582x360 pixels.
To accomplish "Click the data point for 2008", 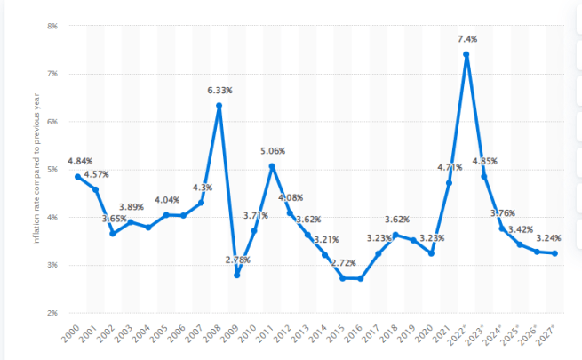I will click(x=219, y=106).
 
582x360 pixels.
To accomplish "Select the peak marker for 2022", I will click(x=466, y=54).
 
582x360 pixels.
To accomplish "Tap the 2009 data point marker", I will click(x=237, y=276).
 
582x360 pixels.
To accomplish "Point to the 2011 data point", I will click(x=272, y=166).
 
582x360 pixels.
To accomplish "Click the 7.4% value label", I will click(x=466, y=39).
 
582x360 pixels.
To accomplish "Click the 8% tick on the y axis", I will click(x=52, y=26).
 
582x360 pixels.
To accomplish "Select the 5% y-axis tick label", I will click(x=52, y=169).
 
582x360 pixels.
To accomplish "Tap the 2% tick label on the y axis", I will click(x=52, y=313).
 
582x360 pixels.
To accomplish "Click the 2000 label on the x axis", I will click(x=72, y=335).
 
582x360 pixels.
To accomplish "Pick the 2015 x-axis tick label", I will click(x=337, y=335).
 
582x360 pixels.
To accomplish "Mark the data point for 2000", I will click(x=77, y=176).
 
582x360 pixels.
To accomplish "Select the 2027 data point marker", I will click(x=555, y=253).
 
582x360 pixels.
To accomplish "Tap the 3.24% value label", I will click(x=549, y=238).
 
